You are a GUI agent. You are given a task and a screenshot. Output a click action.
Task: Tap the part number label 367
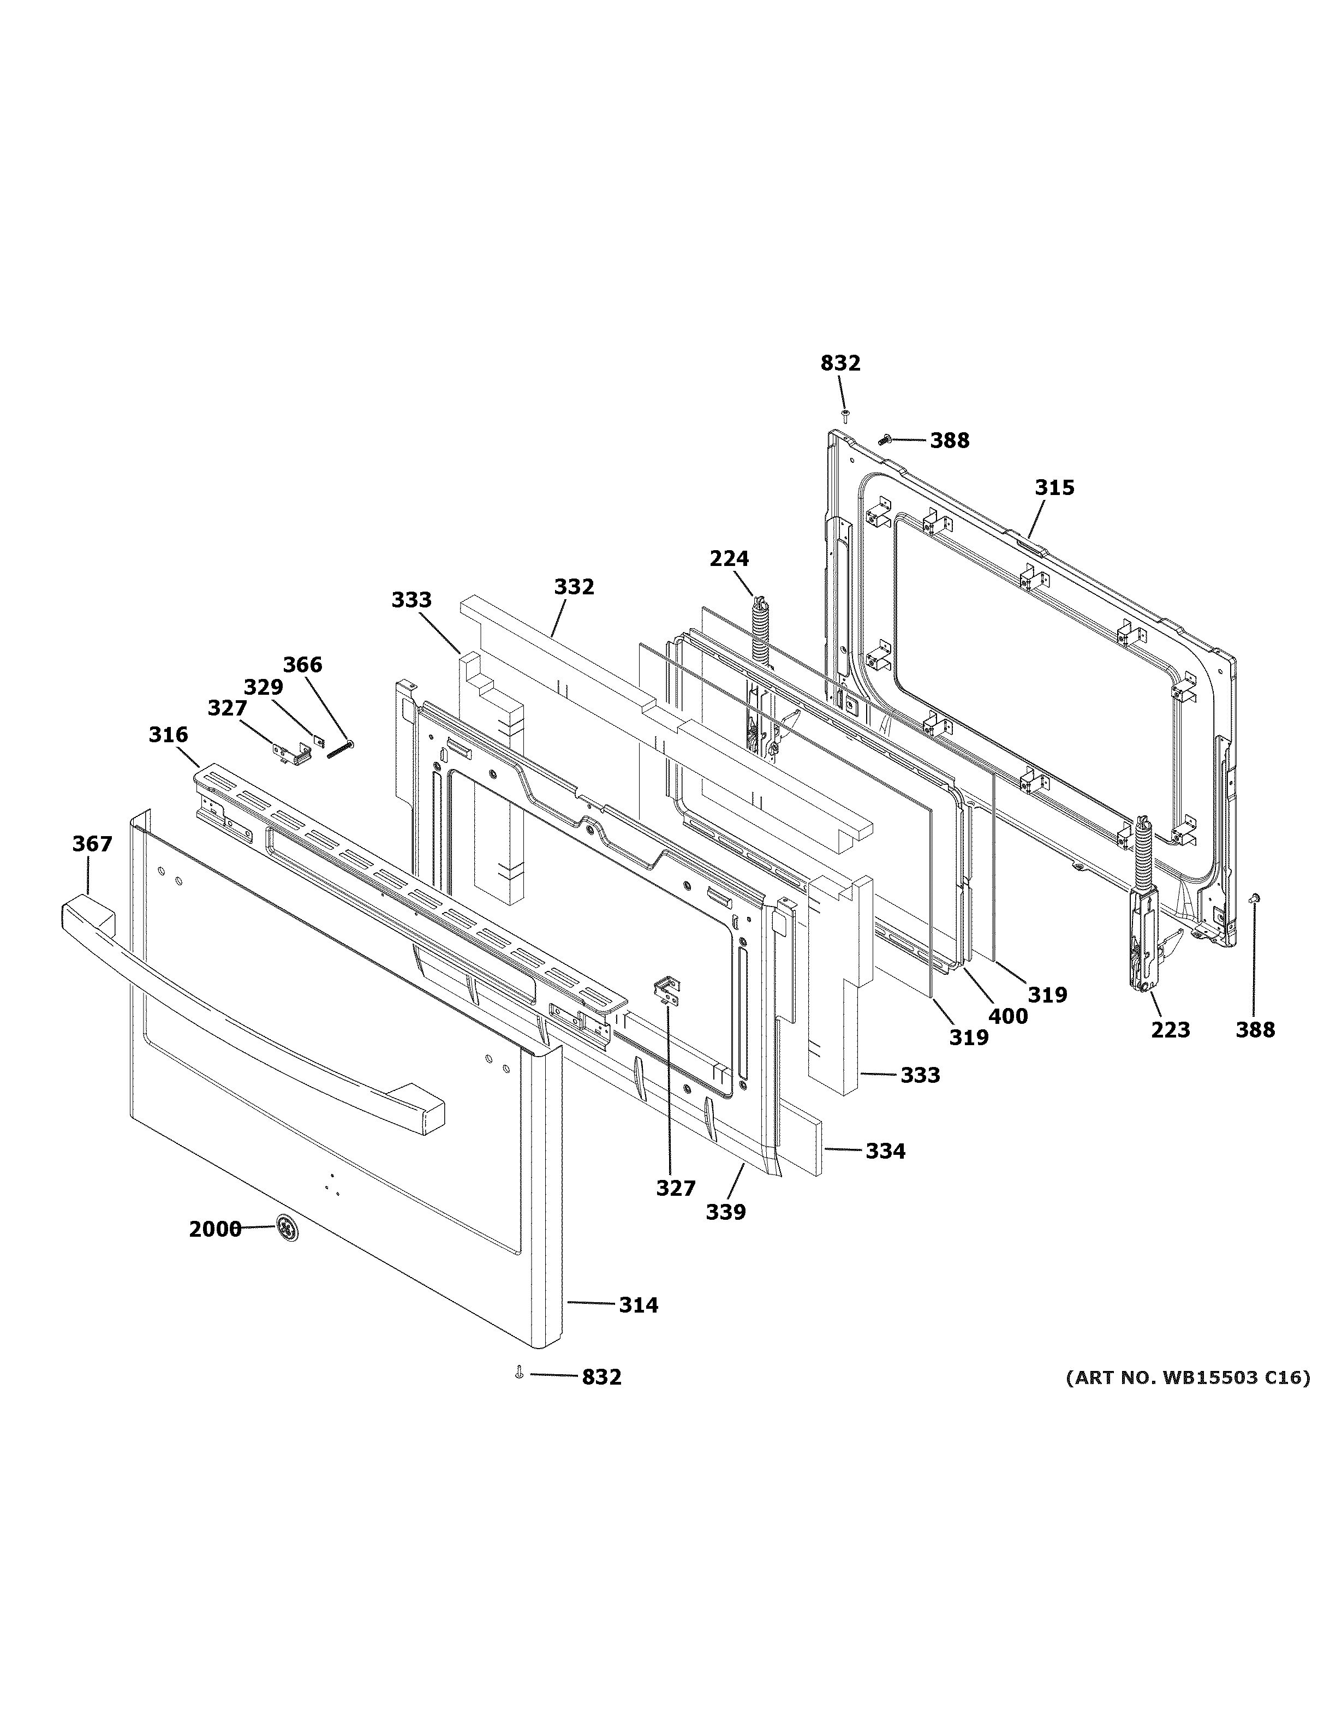coord(93,844)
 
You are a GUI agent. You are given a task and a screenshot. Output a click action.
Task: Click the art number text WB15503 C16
coord(1187,1378)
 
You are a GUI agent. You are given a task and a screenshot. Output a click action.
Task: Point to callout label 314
coord(638,1305)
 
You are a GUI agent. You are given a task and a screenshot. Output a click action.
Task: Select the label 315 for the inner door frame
coord(1054,488)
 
